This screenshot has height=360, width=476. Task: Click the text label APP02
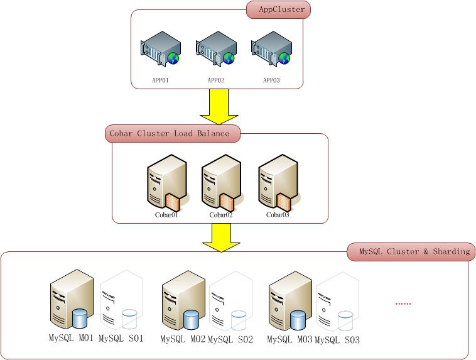click(x=216, y=80)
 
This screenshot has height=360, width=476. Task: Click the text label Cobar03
click(x=277, y=215)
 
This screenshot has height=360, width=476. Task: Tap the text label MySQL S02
click(x=230, y=339)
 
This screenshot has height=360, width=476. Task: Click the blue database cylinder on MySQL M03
click(x=299, y=319)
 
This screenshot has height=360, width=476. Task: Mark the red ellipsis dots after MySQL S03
click(x=403, y=303)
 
